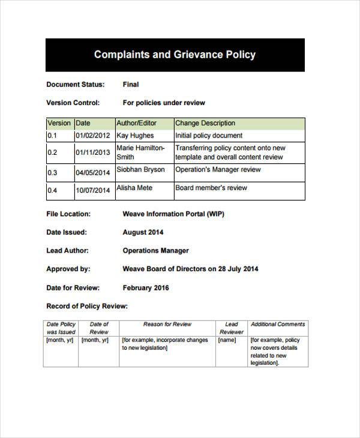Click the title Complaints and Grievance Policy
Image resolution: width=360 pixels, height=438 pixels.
(175, 55)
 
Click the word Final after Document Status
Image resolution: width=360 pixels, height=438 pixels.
(131, 85)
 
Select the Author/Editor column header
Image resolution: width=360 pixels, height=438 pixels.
(136, 123)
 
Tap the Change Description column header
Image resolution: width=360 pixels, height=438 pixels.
(205, 123)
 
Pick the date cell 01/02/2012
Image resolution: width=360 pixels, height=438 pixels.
(93, 136)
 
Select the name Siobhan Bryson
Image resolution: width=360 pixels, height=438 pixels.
(140, 170)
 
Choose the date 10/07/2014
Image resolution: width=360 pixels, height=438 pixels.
(93, 191)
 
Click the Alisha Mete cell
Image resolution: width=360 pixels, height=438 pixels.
(134, 188)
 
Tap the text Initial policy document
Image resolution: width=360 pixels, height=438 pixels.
(209, 136)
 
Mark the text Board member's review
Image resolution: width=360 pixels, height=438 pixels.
(211, 188)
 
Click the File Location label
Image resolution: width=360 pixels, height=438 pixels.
(68, 214)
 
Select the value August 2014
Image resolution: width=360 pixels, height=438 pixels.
(143, 232)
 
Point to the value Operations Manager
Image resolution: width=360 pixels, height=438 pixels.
(155, 251)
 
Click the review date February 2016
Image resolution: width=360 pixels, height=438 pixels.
(146, 287)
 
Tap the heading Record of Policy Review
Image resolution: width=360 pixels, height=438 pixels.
(87, 306)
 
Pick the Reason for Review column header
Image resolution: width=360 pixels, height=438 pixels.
(167, 325)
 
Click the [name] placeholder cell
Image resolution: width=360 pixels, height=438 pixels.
(227, 340)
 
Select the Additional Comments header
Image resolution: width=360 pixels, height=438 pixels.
(278, 325)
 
